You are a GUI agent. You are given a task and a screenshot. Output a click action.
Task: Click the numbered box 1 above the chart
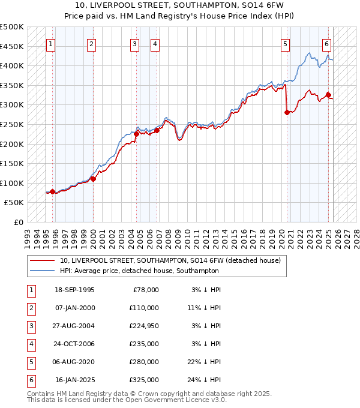(x=50, y=43)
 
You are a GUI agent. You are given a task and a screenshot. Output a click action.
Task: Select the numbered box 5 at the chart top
(x=284, y=43)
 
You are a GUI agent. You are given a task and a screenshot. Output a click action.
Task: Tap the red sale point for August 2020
(x=287, y=112)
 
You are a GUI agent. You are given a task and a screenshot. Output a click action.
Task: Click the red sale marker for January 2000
(x=93, y=179)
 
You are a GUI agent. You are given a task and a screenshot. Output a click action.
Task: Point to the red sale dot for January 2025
(x=328, y=95)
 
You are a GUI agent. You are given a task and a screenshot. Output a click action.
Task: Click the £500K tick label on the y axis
(x=12, y=27)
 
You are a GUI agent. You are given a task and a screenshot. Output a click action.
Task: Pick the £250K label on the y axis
(x=12, y=124)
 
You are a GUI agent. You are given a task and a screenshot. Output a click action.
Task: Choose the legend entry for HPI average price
(x=139, y=271)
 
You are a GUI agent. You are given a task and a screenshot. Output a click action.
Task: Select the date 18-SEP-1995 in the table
(x=74, y=290)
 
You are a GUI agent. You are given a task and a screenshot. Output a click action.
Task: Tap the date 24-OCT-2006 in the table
(x=74, y=344)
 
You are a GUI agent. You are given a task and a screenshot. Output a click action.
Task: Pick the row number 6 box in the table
(x=31, y=380)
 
